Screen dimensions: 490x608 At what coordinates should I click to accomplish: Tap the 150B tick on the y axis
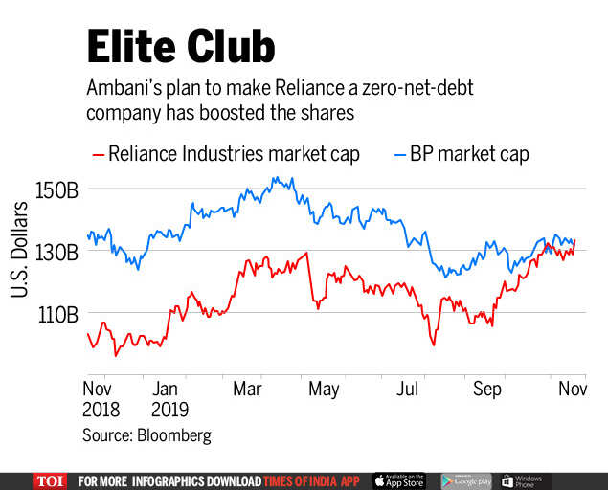(57, 189)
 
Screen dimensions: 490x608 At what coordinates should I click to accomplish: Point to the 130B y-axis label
(57, 252)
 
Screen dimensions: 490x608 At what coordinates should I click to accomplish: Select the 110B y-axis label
(57, 314)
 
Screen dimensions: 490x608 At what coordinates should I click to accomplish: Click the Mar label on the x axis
(248, 390)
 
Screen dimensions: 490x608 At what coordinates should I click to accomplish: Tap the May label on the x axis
(324, 390)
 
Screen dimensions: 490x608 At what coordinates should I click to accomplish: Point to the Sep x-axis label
(487, 390)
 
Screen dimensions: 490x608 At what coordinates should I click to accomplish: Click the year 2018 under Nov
(101, 411)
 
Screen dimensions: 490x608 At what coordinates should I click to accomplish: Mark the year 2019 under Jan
(170, 411)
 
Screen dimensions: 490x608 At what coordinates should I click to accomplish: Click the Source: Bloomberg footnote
(146, 435)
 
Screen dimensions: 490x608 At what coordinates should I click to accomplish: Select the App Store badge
(399, 480)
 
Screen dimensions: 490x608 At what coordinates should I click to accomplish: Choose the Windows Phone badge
(523, 480)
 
